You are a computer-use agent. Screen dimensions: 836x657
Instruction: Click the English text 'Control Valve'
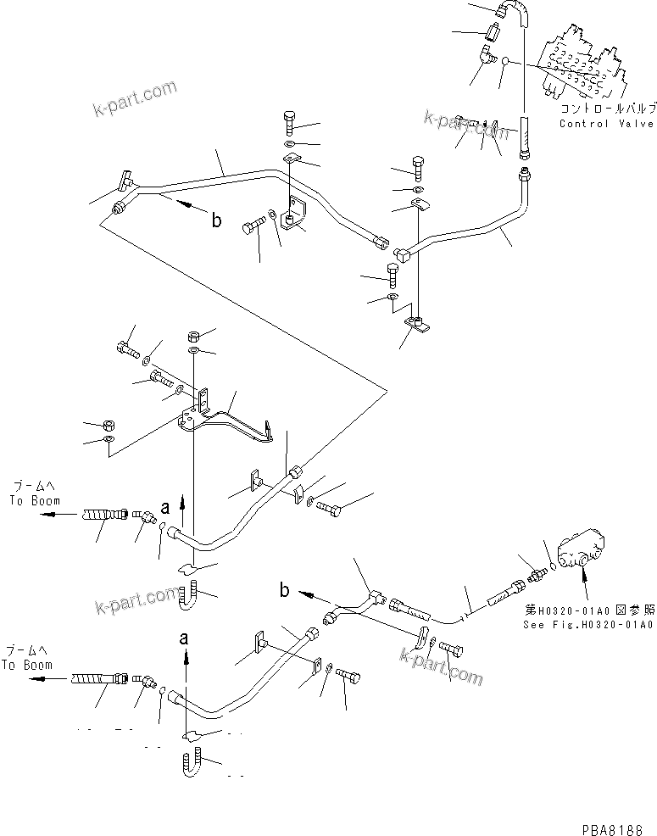(606, 124)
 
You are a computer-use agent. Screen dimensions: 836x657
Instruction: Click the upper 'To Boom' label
(30, 500)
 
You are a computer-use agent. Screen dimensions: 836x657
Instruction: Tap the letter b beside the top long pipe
(216, 220)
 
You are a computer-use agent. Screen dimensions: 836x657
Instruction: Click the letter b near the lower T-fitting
(284, 589)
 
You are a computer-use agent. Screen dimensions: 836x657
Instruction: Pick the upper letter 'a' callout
(166, 508)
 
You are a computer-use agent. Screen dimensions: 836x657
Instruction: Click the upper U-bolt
(189, 595)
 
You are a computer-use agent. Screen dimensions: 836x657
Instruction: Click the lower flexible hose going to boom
(98, 678)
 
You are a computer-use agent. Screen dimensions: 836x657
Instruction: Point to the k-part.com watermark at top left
(136, 98)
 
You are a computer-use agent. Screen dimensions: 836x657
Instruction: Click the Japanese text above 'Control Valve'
(606, 110)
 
